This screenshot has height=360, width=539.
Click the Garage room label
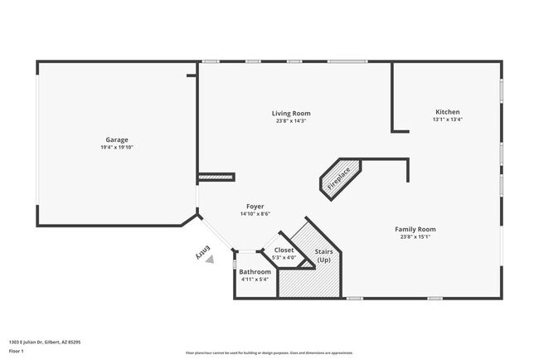point(116,139)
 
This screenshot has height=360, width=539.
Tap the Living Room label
point(291,113)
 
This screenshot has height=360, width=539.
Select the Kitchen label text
point(447,112)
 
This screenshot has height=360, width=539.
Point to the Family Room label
point(415,229)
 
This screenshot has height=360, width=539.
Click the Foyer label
point(255,206)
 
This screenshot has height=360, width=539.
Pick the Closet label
point(284,250)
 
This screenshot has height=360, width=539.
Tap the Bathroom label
point(255,271)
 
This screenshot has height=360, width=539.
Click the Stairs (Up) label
point(323,255)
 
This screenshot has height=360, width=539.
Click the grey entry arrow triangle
point(209,259)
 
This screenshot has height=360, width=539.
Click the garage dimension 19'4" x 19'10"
point(116,148)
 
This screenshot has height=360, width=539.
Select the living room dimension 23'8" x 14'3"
point(291,121)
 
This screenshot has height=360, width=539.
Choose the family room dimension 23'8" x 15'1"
point(415,237)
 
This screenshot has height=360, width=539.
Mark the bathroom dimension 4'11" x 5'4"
point(255,280)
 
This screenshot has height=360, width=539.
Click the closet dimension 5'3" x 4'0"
point(284,258)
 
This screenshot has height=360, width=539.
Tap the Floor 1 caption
point(16,351)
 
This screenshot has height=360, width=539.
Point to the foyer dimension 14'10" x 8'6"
point(255,214)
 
